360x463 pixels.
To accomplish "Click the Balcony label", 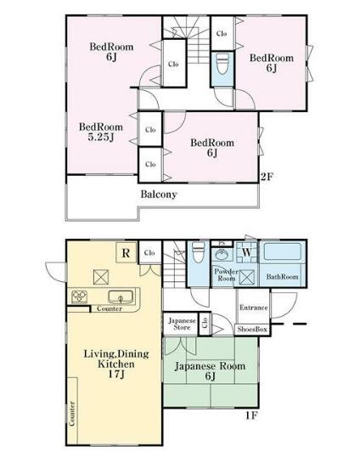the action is click(159, 195).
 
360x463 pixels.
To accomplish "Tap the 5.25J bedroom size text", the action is click(101, 138).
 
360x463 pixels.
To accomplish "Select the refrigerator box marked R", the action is click(127, 252).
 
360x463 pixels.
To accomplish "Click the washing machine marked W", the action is click(247, 252).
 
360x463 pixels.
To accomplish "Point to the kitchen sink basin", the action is click(121, 296).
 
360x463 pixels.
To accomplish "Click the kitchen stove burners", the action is click(79, 296).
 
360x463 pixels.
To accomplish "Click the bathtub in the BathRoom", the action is click(283, 251).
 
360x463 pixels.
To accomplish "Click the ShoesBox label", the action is click(252, 330).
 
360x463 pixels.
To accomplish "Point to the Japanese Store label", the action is click(182, 324).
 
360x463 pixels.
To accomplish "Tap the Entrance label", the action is click(254, 308).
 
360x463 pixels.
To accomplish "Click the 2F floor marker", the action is click(267, 177).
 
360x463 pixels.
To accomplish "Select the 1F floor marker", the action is click(251, 415).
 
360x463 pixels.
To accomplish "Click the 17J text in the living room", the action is click(116, 374).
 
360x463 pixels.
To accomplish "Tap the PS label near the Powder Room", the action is click(222, 244).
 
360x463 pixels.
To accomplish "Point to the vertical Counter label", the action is click(72, 414).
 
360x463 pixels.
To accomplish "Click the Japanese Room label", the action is click(210, 366).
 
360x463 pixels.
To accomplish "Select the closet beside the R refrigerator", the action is click(150, 252).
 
